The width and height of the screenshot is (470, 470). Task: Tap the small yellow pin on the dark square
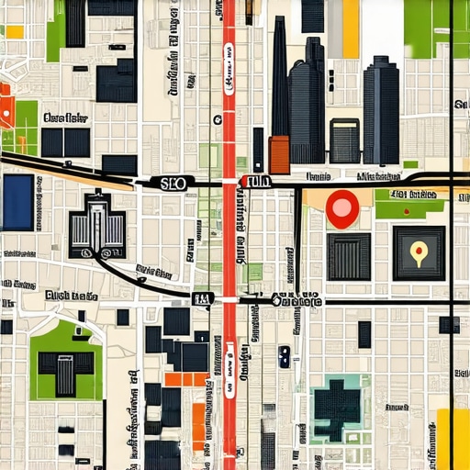point(419,250)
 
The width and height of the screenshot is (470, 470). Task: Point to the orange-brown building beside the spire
point(279,153)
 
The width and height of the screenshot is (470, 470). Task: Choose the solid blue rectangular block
point(17,202)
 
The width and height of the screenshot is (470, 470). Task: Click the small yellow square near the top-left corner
point(15,31)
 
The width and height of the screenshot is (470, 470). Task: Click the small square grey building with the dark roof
point(345,140)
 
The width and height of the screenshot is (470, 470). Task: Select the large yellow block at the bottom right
point(453,439)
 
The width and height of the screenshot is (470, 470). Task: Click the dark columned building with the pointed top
point(96,224)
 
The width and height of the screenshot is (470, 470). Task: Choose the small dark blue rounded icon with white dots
point(285,356)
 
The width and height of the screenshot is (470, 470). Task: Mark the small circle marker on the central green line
point(217,119)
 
